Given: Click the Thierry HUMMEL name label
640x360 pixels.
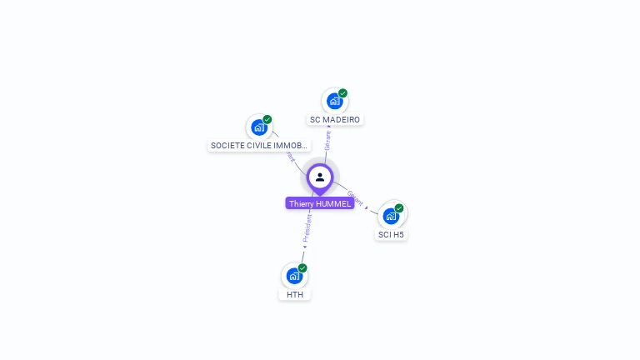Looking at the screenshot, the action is pos(319,203).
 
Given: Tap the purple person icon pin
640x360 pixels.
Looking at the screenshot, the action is pos(320,177).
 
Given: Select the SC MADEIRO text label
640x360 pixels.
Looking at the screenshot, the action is pos(335,119).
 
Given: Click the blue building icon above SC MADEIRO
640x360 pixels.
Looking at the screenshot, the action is pos(335,101).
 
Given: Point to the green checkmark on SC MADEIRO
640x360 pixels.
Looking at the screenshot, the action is pos(342,93).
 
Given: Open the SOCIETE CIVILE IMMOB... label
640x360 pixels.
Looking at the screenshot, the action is pos(258,145).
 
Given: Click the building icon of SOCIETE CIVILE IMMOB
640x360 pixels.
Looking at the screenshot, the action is pos(259,127).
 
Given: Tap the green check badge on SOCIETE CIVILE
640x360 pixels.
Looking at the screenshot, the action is pos(267,119).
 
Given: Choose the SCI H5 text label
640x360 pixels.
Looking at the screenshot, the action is pos(391,234).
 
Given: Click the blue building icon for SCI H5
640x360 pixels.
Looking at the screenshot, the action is pos(391,216).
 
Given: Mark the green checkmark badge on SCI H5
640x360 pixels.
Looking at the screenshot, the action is pos(399,208).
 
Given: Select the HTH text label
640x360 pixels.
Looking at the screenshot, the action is pos(295,294).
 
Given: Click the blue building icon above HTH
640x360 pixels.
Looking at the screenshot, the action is pos(294,276).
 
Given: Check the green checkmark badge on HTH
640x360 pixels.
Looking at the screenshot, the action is pos(302,268).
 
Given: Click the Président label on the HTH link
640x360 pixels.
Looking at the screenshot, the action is pos(307,228).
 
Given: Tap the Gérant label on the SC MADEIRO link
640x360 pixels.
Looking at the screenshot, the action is pos(328,140).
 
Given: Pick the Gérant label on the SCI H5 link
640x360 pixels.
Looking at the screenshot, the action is pos(356,198).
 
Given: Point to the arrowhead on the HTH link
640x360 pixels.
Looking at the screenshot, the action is pos(304,247).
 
